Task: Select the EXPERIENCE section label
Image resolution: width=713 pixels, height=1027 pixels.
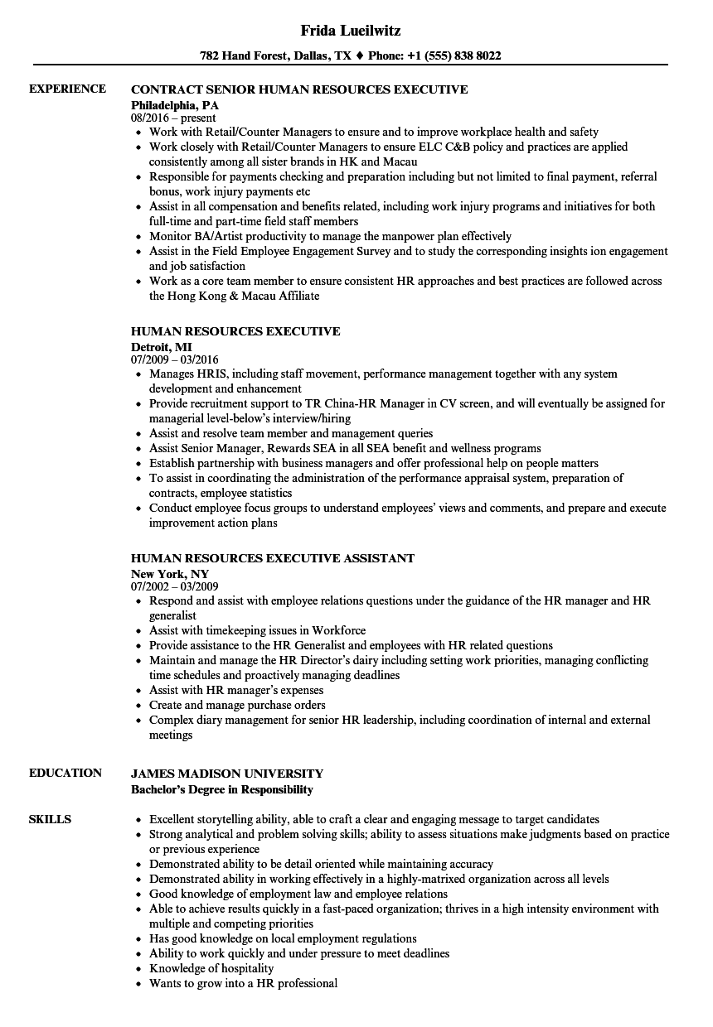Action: click(x=67, y=89)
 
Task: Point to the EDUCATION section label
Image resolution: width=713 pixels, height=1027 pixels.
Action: click(x=65, y=773)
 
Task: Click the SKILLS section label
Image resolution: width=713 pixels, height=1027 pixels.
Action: click(x=50, y=819)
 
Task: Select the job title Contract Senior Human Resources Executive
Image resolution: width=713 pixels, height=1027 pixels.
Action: click(x=299, y=89)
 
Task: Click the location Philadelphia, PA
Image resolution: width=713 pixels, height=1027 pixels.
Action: click(x=175, y=105)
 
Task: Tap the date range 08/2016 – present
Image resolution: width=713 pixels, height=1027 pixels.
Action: click(x=173, y=118)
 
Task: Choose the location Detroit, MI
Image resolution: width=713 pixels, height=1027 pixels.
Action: click(x=162, y=347)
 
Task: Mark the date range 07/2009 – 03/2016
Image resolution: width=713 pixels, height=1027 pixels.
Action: click(x=175, y=360)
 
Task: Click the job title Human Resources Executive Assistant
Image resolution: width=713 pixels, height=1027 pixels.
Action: click(x=273, y=558)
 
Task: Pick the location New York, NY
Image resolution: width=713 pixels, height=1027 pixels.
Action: click(x=170, y=574)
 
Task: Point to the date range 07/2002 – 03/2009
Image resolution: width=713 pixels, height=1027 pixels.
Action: click(x=175, y=587)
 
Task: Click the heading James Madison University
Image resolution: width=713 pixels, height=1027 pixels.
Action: click(x=227, y=774)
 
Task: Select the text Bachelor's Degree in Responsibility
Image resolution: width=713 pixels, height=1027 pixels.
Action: click(x=222, y=789)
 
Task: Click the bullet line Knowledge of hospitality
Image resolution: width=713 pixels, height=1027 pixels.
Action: click(x=211, y=968)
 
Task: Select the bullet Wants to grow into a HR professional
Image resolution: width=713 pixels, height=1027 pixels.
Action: click(x=243, y=983)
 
